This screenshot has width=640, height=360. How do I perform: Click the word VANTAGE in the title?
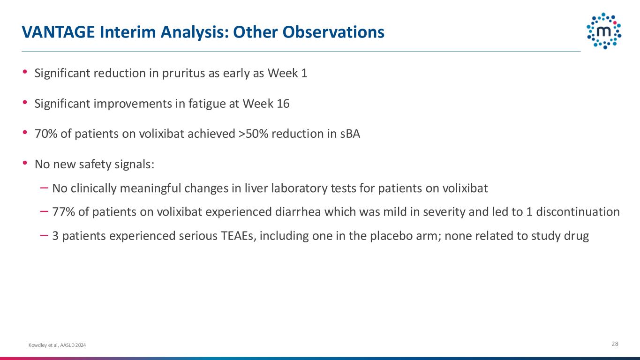[58, 32]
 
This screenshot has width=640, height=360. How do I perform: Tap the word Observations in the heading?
[333, 32]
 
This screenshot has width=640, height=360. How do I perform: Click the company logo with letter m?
[604, 31]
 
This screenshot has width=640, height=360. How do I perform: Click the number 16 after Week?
[283, 104]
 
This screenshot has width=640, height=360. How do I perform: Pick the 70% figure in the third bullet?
[46, 134]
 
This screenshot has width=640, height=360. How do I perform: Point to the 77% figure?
[63, 212]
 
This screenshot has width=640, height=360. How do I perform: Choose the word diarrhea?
[298, 212]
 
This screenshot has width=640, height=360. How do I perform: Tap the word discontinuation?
[578, 212]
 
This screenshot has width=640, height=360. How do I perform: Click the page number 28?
[615, 344]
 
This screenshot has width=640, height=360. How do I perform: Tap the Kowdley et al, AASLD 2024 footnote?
[57, 345]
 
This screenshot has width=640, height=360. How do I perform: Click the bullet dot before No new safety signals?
[25, 163]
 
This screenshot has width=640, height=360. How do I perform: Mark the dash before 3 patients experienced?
[44, 235]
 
